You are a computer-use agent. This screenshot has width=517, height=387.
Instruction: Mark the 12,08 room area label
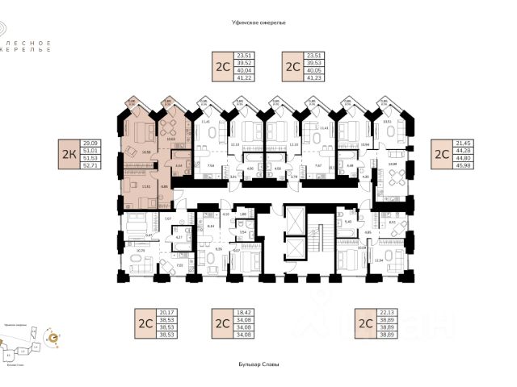pyautogui.click(x=393, y=164)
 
